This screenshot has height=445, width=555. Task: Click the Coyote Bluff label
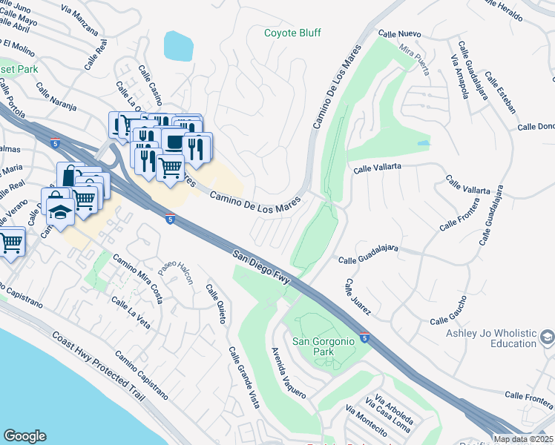tap(294, 33)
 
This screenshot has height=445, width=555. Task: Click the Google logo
tap(24, 435)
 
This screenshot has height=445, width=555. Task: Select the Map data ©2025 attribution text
tap(523, 439)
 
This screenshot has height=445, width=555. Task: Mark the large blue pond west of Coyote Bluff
tap(178, 46)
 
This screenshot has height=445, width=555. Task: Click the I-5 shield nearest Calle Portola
tap(56, 141)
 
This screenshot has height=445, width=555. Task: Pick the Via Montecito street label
tap(366, 421)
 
